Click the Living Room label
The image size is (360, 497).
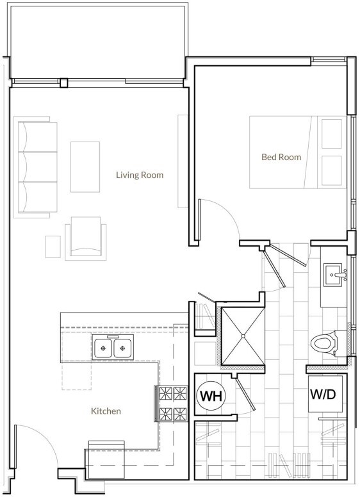(x=140, y=175)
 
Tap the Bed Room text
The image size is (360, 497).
(x=281, y=157)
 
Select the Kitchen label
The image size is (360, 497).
(x=106, y=411)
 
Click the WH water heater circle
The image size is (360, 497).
(x=211, y=396)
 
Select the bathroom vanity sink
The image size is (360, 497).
(x=334, y=275)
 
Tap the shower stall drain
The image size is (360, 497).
(x=243, y=336)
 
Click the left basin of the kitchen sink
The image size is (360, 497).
(x=103, y=348)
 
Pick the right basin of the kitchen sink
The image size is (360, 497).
(x=122, y=348)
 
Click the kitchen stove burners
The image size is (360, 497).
(x=172, y=403)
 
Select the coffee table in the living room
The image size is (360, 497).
(x=85, y=167)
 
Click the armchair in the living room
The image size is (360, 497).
(x=86, y=238)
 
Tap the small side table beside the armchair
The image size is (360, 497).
(x=53, y=247)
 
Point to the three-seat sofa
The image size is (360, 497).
(x=35, y=167)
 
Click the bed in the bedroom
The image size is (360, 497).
(x=298, y=152)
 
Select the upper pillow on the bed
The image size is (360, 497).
(x=332, y=133)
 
